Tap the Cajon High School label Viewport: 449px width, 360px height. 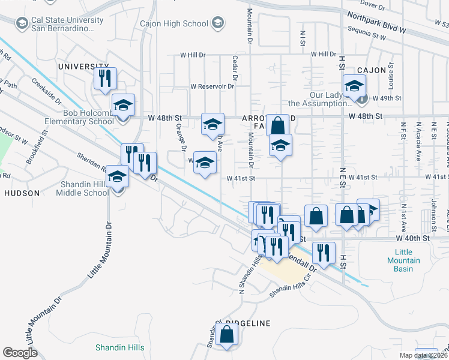pos(173,24)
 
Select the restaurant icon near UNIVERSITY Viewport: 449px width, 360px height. pos(105,78)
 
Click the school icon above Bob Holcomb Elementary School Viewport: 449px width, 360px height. pos(123,105)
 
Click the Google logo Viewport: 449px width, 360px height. pos(20,352)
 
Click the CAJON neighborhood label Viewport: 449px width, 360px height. pos(372,70)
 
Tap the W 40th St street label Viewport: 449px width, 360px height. pos(413,238)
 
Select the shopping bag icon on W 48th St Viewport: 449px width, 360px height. pos(277,126)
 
